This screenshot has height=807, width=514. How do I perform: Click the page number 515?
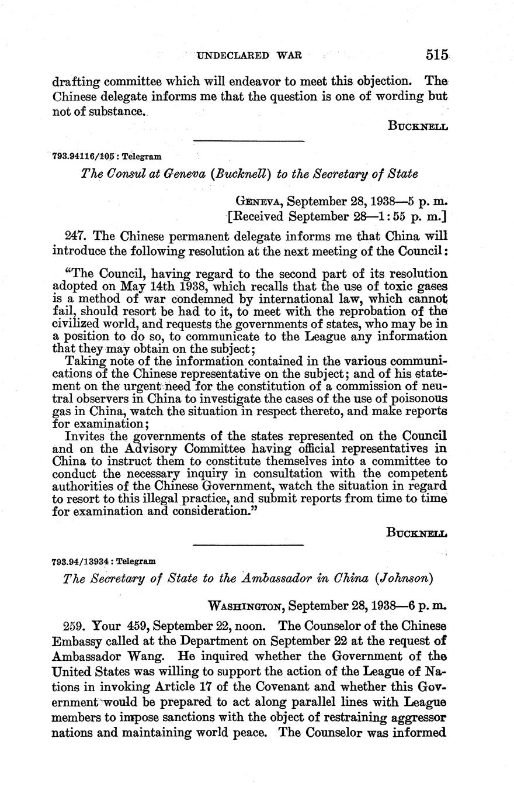(x=437, y=55)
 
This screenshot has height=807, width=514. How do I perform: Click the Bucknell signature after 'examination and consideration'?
(x=416, y=532)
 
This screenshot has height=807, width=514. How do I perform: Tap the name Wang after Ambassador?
(x=139, y=666)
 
